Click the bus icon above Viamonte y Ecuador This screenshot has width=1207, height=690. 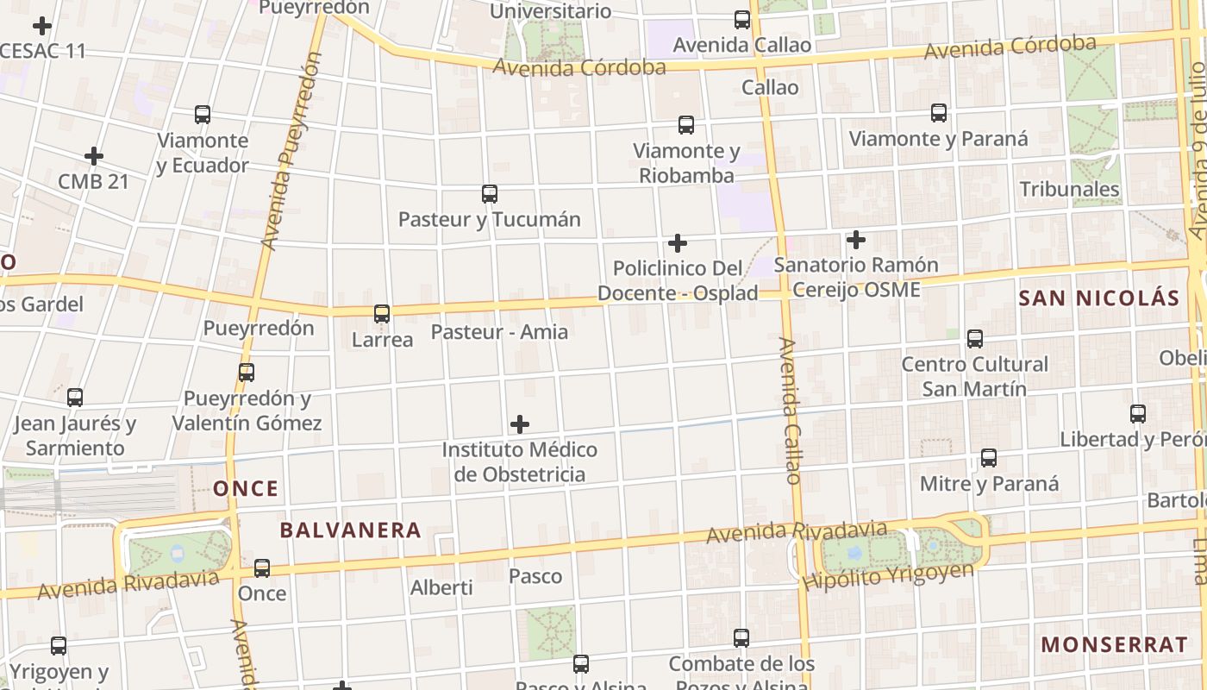point(203,115)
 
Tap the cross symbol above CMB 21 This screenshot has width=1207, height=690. point(94,156)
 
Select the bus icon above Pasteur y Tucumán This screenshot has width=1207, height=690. point(490,194)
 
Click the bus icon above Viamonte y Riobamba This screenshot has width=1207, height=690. point(686,125)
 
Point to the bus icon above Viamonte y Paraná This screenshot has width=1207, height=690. point(939,113)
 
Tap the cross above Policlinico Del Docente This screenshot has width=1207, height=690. point(678,243)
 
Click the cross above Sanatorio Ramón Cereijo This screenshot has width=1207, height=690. point(855,239)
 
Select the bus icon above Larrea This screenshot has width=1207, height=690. point(382,314)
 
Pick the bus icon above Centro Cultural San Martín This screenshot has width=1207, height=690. point(975,339)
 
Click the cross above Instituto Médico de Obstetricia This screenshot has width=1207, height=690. point(520,423)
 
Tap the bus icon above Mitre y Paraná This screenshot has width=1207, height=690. point(989,458)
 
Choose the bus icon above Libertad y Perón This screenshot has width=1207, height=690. point(1138,414)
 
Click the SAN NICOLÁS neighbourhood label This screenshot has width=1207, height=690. point(1098,298)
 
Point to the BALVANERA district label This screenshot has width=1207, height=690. point(350,530)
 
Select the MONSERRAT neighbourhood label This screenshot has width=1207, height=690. point(1114,644)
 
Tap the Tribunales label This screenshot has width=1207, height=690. point(1069,189)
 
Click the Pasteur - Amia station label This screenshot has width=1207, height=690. point(499,332)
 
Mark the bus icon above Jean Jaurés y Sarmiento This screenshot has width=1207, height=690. point(75,398)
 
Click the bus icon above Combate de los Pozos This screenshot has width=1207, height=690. point(741,638)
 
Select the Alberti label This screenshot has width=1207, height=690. point(441,587)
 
